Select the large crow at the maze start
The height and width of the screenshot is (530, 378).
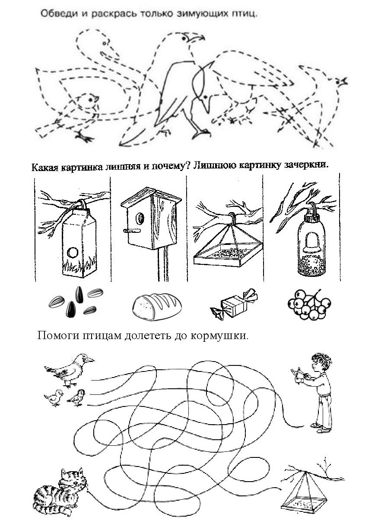[69, 368]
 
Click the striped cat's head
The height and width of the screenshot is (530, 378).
[70, 479]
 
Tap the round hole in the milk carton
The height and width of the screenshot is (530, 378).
[73, 251]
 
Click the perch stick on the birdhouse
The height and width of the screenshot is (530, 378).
[129, 231]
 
